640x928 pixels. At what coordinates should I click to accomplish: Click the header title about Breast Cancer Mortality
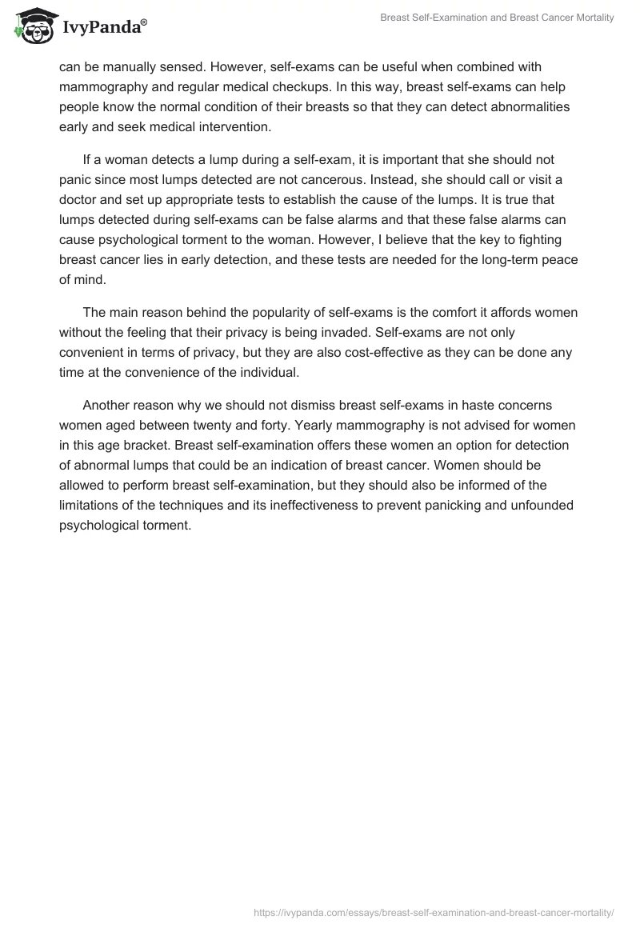click(497, 18)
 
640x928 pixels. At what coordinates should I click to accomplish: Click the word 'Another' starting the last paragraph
click(106, 406)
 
